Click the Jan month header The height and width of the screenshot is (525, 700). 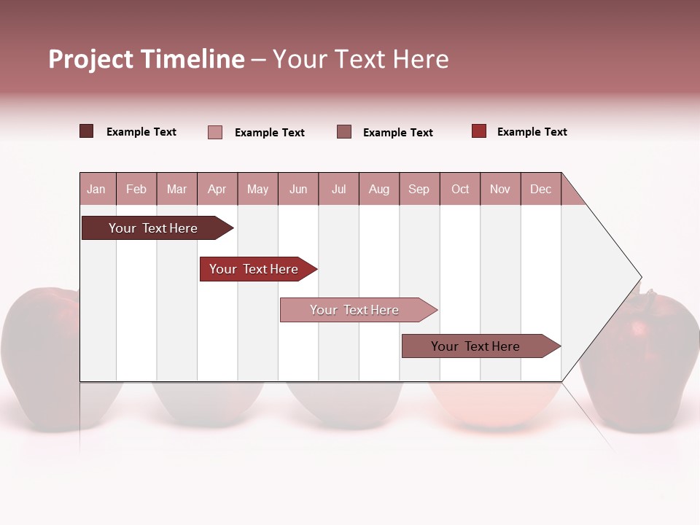pyautogui.click(x=96, y=190)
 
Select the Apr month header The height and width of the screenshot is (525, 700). pyautogui.click(x=217, y=190)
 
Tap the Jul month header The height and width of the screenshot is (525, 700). pyautogui.click(x=338, y=190)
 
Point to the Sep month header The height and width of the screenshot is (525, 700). pyautogui.click(x=419, y=190)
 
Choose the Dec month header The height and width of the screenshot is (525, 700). pyautogui.click(x=540, y=190)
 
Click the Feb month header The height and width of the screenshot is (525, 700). pyautogui.click(x=136, y=190)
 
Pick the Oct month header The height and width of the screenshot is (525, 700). pyautogui.click(x=460, y=190)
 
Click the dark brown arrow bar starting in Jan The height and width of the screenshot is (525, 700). pyautogui.click(x=153, y=228)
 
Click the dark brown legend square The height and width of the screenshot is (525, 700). pyautogui.click(x=87, y=131)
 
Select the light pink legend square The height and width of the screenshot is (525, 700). pyautogui.click(x=215, y=132)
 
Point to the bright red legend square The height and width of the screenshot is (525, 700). pyautogui.click(x=479, y=131)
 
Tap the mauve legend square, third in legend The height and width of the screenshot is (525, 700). pyautogui.click(x=344, y=132)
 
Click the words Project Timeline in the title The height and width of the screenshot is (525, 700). pyautogui.click(x=146, y=59)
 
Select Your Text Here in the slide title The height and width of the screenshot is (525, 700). pyautogui.click(x=360, y=59)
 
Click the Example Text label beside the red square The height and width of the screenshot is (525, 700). pyautogui.click(x=532, y=132)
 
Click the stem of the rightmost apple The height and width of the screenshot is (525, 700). pyautogui.click(x=646, y=295)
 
